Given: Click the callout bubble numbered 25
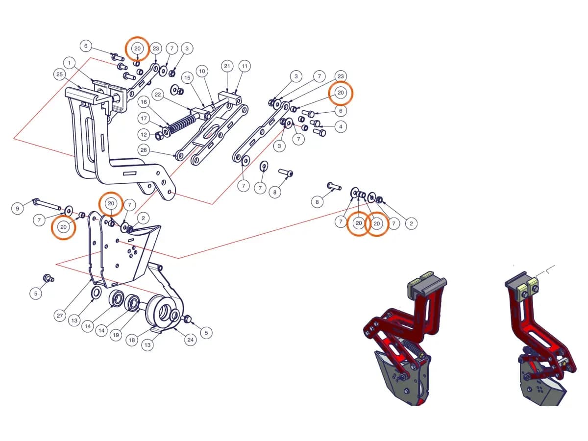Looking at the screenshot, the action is click(x=59, y=74).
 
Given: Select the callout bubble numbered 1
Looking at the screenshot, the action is click(x=70, y=63).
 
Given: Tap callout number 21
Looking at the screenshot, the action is click(x=227, y=66).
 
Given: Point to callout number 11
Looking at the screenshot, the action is click(x=245, y=66).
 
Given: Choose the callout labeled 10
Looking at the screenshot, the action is click(x=202, y=71).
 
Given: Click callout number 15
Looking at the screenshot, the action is click(x=187, y=77).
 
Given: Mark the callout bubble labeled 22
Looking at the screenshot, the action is click(x=158, y=95).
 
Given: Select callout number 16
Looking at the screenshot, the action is click(x=144, y=102).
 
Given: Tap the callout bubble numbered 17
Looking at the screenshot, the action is click(x=144, y=119).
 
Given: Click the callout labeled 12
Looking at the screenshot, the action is click(x=144, y=134).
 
